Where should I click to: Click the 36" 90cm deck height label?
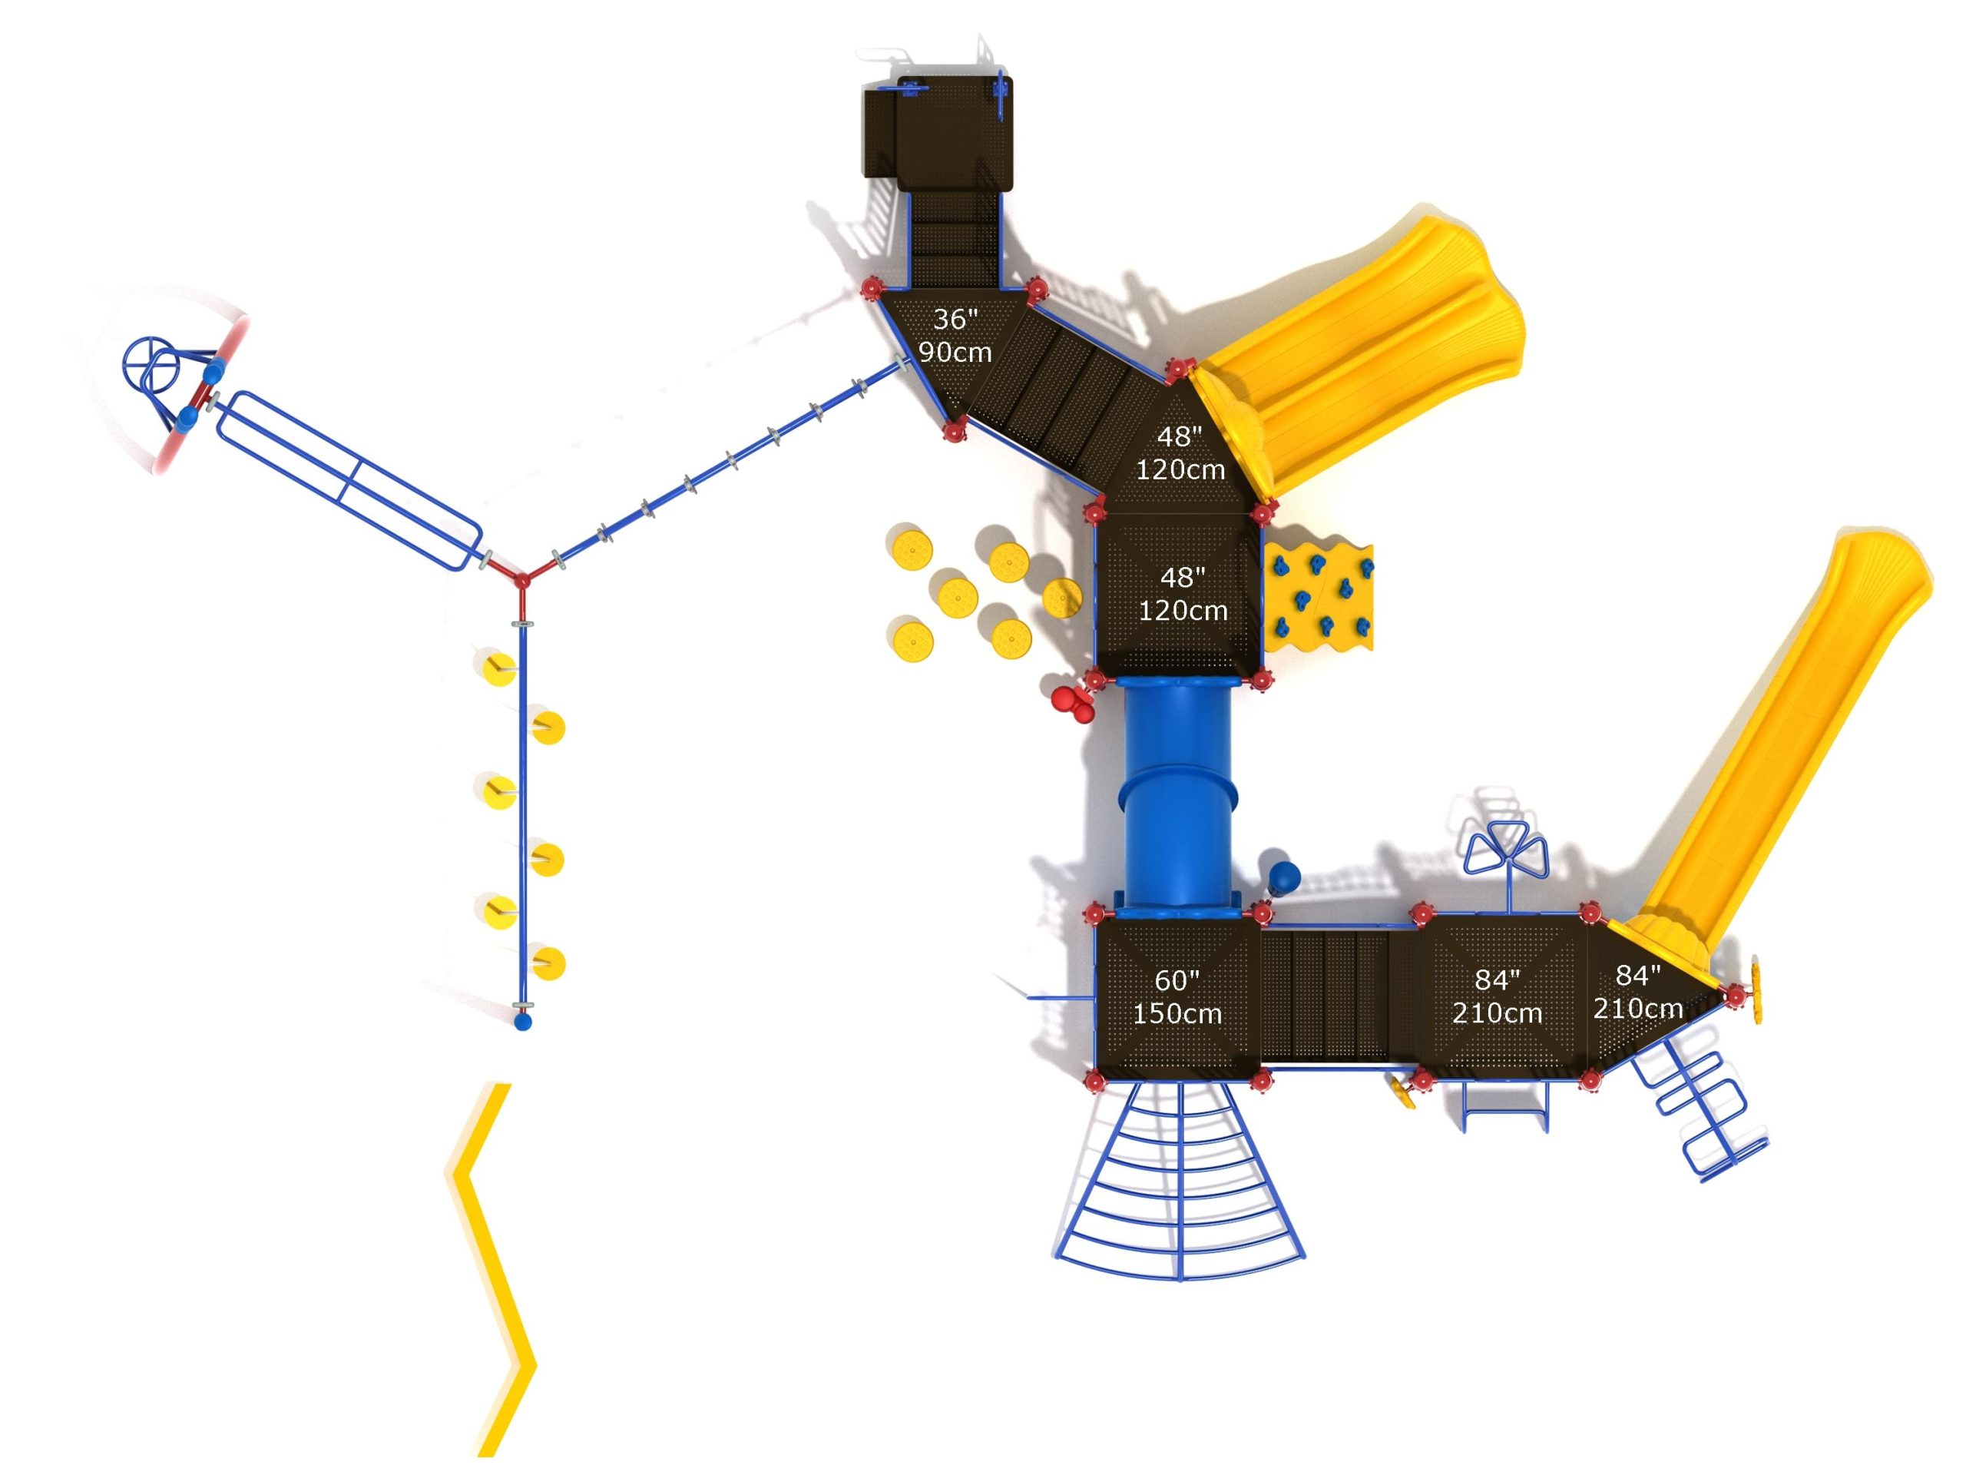pyautogui.click(x=955, y=336)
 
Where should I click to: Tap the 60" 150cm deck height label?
pyautogui.click(x=1177, y=996)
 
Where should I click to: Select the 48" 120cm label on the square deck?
pyautogui.click(x=1182, y=594)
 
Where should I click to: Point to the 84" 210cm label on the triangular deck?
pyautogui.click(x=1637, y=991)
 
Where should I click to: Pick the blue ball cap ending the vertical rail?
pyautogui.click(x=523, y=1023)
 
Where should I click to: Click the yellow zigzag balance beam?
pyautogui.click(x=494, y=1271)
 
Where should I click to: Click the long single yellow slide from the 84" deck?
pyautogui.click(x=1778, y=738)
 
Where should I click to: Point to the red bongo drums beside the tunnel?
pyautogui.click(x=1072, y=702)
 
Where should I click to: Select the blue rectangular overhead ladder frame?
pyautogui.click(x=349, y=480)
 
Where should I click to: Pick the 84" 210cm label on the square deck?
pyautogui.click(x=1497, y=996)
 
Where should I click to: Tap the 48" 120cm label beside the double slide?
pyautogui.click(x=1180, y=452)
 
